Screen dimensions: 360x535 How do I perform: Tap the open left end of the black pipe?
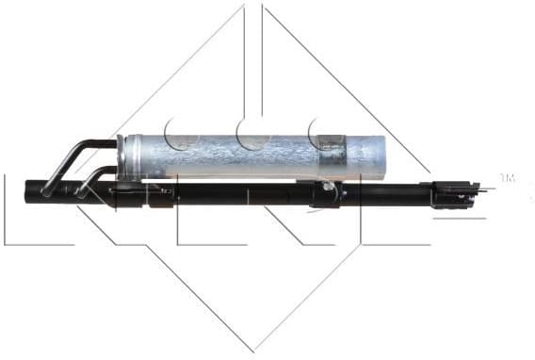click(x=42, y=190)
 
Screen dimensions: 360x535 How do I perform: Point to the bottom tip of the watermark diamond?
click(x=253, y=349)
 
